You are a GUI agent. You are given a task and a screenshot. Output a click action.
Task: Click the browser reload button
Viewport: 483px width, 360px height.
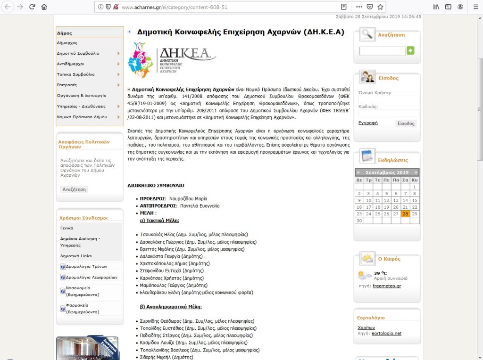[x=33, y=7]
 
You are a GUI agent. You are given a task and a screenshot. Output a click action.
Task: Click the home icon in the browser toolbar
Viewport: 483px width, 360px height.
[x=44, y=7]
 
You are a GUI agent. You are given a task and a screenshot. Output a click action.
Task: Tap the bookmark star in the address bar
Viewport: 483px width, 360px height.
[x=380, y=7]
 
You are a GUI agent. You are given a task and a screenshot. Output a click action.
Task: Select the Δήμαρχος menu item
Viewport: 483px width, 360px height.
[x=67, y=43]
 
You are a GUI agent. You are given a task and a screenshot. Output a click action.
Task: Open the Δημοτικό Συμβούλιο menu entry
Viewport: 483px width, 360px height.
[x=78, y=53]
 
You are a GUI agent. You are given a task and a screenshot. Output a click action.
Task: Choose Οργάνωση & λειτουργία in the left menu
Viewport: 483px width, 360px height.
[x=82, y=95]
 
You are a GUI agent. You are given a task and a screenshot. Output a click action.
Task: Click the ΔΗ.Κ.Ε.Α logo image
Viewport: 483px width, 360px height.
[x=172, y=60]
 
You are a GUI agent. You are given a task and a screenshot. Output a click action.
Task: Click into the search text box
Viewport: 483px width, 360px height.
[x=382, y=51]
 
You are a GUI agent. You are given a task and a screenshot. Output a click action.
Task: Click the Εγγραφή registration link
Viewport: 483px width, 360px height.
[x=368, y=123]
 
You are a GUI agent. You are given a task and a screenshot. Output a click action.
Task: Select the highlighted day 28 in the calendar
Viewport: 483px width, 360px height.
[x=405, y=214]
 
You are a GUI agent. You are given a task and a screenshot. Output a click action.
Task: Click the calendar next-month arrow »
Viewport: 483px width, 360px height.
[x=416, y=172]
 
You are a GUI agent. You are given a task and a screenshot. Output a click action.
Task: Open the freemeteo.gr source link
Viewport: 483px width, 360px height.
[x=387, y=286]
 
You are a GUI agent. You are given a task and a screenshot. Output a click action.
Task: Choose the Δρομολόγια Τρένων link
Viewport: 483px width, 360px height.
[x=83, y=266]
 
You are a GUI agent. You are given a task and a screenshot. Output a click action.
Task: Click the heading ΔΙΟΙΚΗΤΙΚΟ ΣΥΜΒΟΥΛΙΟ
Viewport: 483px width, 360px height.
[x=156, y=186]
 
